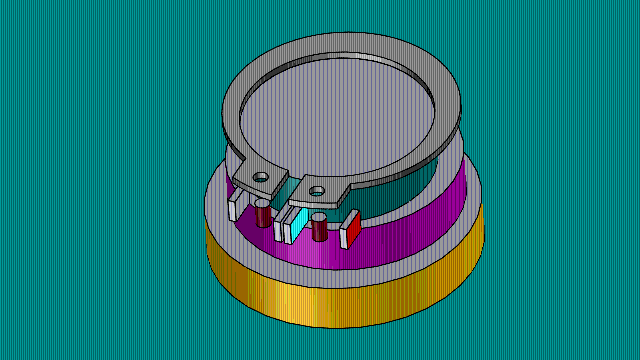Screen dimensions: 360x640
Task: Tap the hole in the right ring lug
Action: coord(316,188)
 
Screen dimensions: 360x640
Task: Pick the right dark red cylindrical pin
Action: coord(320,229)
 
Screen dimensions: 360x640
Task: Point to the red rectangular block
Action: coord(353,230)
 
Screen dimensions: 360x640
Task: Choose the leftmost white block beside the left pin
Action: coord(234,207)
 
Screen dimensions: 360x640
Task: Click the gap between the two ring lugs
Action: coord(289,180)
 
